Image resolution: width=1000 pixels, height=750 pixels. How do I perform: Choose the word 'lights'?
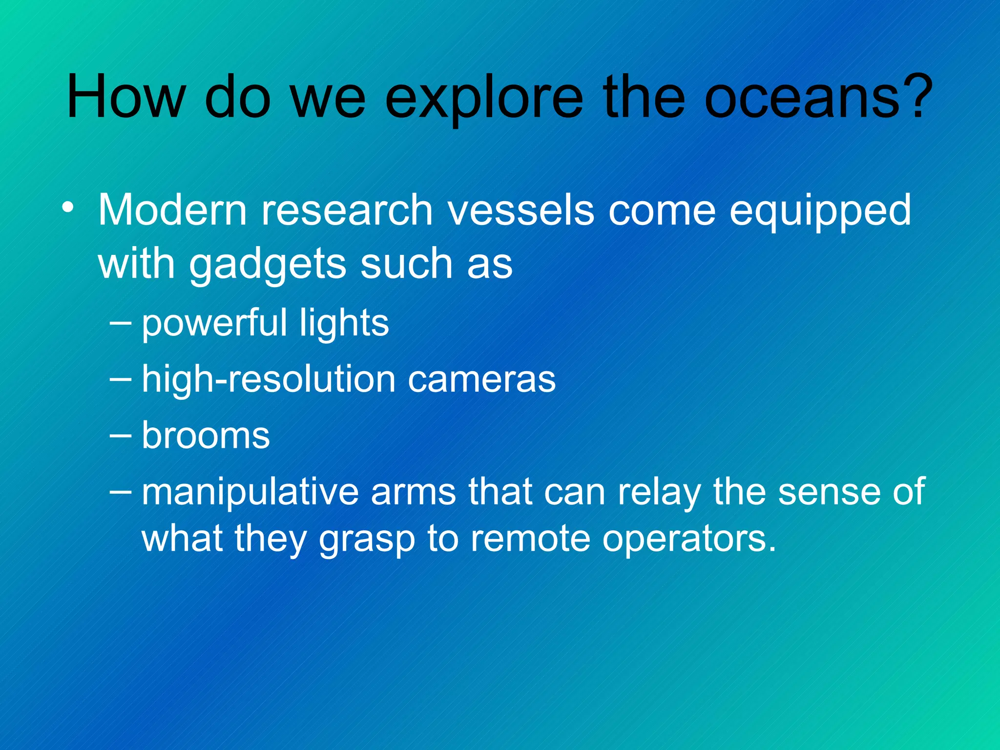point(344,324)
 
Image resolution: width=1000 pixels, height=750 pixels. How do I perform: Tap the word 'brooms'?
point(206,436)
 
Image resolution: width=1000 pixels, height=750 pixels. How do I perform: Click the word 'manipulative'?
point(250,492)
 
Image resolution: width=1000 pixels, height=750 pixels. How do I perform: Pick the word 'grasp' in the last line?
point(366,540)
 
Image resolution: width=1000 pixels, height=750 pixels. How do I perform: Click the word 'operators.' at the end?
point(689,540)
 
